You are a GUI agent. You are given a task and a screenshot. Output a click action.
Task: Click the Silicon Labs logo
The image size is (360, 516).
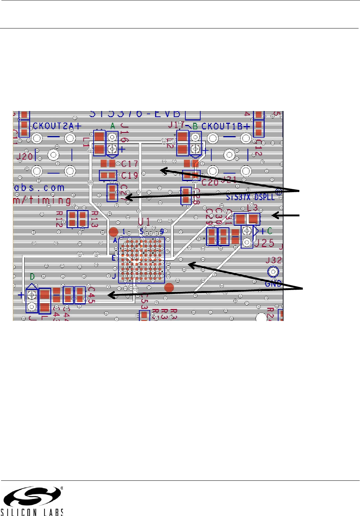[x=32, y=501]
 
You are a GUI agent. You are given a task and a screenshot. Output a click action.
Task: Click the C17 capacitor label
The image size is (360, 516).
[x=129, y=164]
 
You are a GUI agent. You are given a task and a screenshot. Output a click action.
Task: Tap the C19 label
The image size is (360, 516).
[x=129, y=175]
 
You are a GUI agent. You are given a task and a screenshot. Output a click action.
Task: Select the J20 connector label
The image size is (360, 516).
[x=25, y=156]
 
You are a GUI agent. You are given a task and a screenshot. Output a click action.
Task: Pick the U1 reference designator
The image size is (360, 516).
[x=144, y=222]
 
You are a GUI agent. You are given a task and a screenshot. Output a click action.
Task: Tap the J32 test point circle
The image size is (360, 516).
[x=273, y=272]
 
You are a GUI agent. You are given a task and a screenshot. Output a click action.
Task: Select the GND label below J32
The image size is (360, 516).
[x=273, y=284]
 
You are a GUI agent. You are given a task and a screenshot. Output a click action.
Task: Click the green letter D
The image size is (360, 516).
[x=32, y=277]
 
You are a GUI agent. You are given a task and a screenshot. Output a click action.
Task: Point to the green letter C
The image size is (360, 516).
[x=270, y=231]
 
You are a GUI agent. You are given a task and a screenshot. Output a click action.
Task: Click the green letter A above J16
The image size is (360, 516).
[x=113, y=126]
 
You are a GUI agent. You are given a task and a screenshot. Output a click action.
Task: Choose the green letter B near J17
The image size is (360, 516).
[x=195, y=126]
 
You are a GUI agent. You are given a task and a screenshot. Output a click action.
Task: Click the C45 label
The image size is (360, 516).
[x=91, y=295]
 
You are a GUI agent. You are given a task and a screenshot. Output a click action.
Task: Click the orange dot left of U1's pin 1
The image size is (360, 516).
[x=113, y=232]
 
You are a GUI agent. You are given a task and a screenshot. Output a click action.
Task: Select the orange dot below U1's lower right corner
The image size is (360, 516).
[x=169, y=288]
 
